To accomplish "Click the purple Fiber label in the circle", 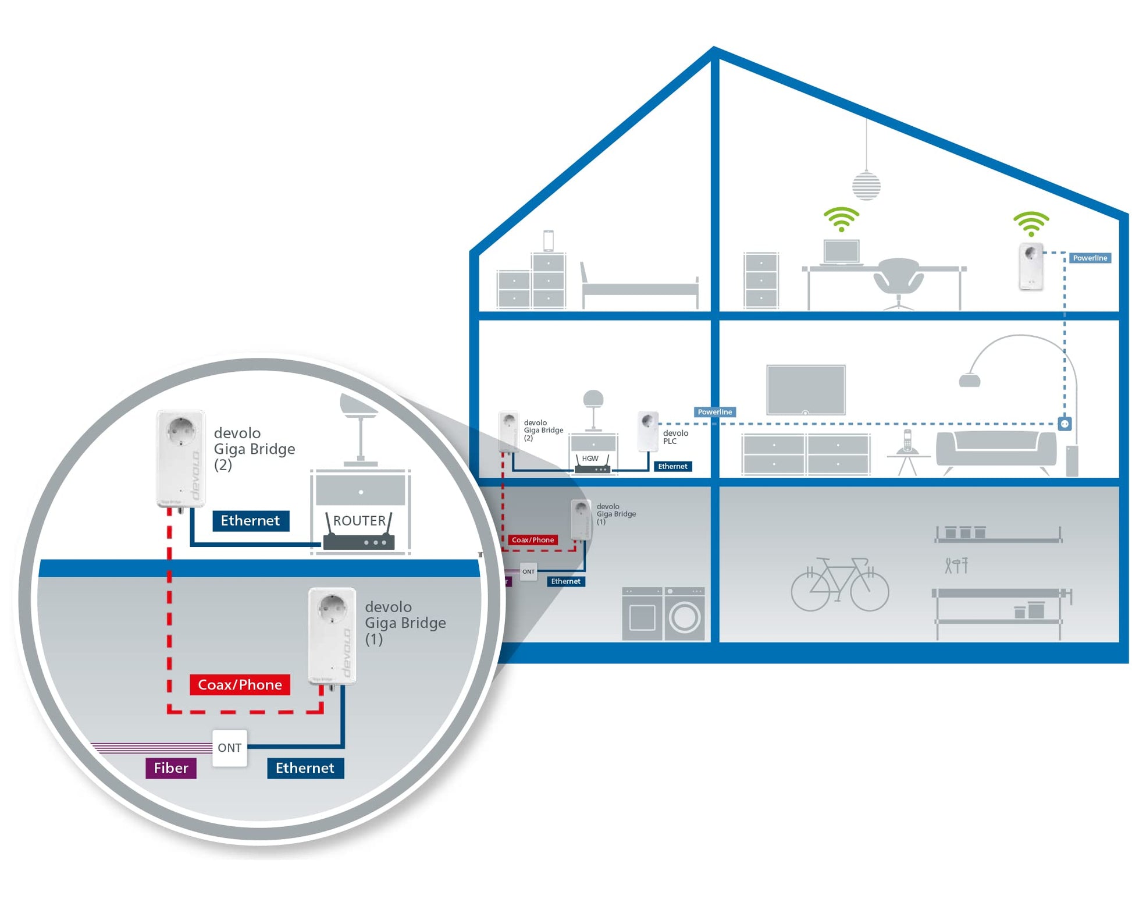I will (x=170, y=768).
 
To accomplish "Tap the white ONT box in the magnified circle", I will (x=229, y=747).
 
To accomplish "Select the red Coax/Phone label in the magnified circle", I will (x=240, y=684).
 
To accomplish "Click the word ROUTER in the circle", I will (x=359, y=520).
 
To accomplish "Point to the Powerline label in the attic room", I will (x=1089, y=258).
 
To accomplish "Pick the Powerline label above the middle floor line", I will (x=714, y=412).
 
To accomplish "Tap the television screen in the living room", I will (x=805, y=389).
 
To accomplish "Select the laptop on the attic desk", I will (x=841, y=252).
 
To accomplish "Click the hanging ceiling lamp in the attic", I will (x=866, y=185).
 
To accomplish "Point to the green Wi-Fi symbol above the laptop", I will (x=841, y=219).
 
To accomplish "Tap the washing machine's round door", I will (x=684, y=618).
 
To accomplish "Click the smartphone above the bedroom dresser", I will (x=548, y=240).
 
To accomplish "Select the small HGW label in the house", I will (x=590, y=459).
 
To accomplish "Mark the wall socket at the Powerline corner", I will (x=1064, y=424).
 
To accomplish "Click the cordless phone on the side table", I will (x=906, y=440).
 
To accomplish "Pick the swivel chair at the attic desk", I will (x=898, y=281).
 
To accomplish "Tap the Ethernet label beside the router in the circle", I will (x=250, y=520).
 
